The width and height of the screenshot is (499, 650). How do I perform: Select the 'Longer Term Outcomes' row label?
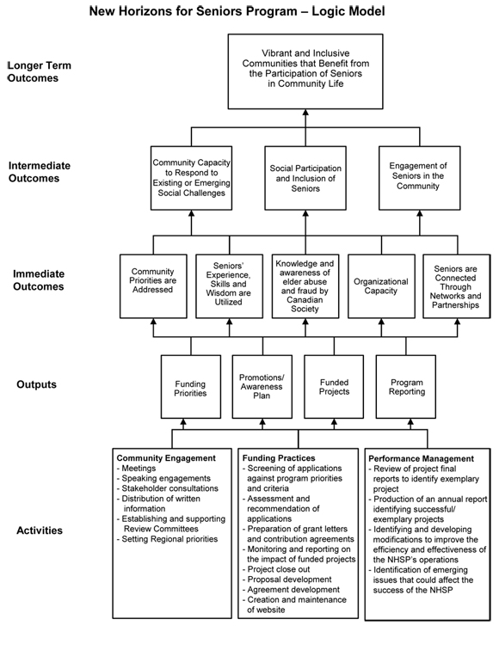pyautogui.click(x=40, y=71)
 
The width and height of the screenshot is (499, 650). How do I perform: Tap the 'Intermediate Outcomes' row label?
pyautogui.click(x=40, y=172)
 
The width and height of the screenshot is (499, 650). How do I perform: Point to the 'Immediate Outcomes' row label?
pyautogui.click(x=40, y=280)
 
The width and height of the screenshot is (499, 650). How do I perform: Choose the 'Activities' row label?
pyautogui.click(x=40, y=530)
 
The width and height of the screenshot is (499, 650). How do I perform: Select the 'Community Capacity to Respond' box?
pyautogui.click(x=190, y=177)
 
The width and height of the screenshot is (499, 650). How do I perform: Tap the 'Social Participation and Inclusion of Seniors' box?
pyautogui.click(x=305, y=177)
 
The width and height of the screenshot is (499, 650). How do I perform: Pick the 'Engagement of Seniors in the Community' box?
pyautogui.click(x=418, y=177)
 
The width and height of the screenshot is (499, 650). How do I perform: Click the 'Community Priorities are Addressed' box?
pyautogui.click(x=152, y=285)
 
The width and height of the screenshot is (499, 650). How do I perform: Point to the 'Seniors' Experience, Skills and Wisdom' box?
pyautogui.click(x=228, y=285)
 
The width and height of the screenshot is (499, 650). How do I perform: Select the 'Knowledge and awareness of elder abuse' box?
pyautogui.click(x=305, y=285)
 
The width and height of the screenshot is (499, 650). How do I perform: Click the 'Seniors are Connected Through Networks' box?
pyautogui.click(x=456, y=285)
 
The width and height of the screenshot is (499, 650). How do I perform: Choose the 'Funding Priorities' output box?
pyautogui.click(x=190, y=387)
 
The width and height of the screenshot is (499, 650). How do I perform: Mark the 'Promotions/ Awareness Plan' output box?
pyautogui.click(x=263, y=387)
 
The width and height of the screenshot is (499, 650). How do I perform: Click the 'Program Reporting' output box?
pyautogui.click(x=406, y=387)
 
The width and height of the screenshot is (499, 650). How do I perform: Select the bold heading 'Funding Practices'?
pyautogui.click(x=280, y=458)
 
